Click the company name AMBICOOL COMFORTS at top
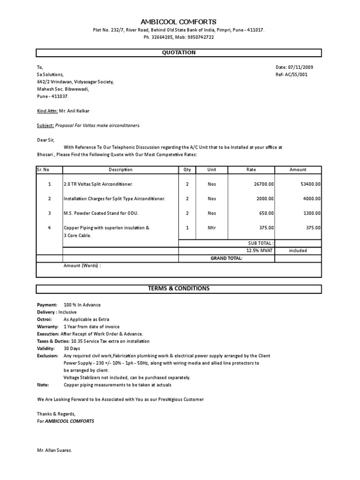coord(179,22)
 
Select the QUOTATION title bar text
coord(179,52)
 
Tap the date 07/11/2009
coord(298,67)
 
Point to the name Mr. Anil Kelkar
coord(81,111)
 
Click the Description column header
coord(120,170)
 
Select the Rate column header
coord(251,170)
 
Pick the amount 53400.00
coord(311,184)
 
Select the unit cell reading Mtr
coord(212,228)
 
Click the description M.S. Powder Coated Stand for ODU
coord(101,213)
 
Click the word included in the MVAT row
coord(298,250)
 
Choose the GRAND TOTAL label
coord(226,258)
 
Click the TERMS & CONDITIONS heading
coord(179,288)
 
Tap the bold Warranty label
coord(47,326)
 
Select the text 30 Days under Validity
coord(72,348)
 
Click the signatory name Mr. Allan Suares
coord(54,450)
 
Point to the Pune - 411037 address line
coord(52,96)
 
